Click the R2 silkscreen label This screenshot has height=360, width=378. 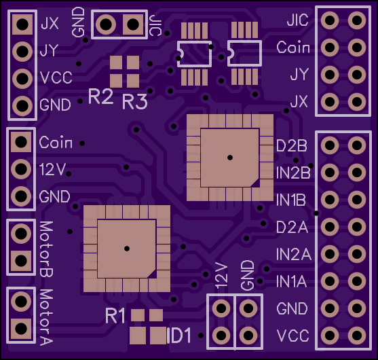100,96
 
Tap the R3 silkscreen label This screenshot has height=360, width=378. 135,101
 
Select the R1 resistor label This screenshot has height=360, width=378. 115,316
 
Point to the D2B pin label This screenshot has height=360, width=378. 292,146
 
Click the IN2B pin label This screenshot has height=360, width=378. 293,173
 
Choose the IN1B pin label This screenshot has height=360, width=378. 290,200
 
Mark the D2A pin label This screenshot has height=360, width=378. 292,227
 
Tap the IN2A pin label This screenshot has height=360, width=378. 294,254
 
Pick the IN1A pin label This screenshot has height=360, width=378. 291,281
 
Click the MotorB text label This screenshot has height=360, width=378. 46,249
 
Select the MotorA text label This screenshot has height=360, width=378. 46,317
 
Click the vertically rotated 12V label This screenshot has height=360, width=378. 221,276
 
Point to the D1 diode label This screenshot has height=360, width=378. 179,336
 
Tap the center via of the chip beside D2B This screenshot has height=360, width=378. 230,158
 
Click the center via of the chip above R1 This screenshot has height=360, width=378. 127,249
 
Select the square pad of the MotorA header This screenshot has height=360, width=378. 21,329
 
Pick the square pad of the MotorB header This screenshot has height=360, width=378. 21,261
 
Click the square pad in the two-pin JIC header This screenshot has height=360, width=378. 132,24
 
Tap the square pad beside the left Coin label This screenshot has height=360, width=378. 21,142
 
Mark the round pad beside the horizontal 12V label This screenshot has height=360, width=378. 21,169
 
